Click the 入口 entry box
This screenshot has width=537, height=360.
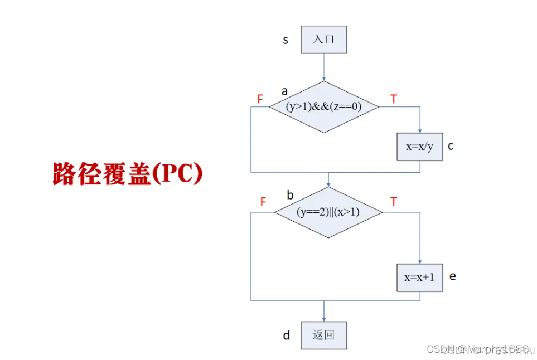click(323, 40)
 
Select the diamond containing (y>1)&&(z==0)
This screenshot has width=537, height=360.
click(324, 107)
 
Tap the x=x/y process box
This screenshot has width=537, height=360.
click(419, 147)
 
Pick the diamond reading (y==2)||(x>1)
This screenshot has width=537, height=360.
click(328, 212)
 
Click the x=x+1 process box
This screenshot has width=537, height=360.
click(419, 278)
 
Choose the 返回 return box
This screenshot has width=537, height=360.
click(323, 335)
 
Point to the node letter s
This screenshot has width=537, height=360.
click(286, 40)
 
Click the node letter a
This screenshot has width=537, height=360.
click(284, 91)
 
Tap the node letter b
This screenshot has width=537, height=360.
click(290, 195)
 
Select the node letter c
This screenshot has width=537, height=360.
click(451, 146)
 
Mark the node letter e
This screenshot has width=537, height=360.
click(452, 276)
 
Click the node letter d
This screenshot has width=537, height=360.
click(286, 335)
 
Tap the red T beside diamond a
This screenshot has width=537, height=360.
click(394, 99)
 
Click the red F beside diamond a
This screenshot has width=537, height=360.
click(260, 99)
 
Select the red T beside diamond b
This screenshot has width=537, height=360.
click(394, 202)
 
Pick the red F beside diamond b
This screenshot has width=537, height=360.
click(263, 202)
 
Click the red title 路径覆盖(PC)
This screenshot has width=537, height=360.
click(128, 174)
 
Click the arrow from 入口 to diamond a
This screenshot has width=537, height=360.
click(323, 67)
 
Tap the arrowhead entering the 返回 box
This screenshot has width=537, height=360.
click(323, 318)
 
